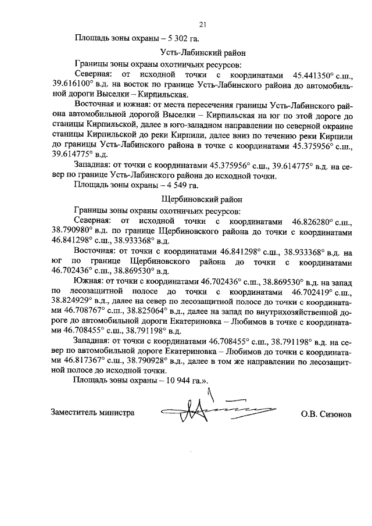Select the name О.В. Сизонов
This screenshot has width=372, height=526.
(x=326, y=415)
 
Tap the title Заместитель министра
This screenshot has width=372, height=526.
(x=93, y=412)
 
